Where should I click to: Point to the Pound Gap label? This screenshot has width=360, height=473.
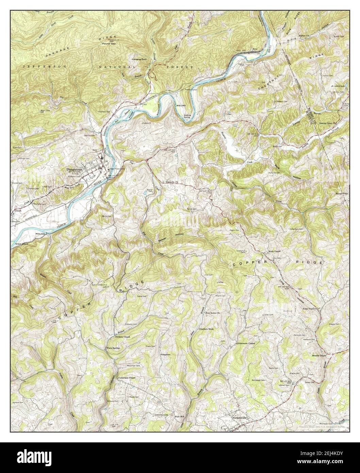click(109, 44)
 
